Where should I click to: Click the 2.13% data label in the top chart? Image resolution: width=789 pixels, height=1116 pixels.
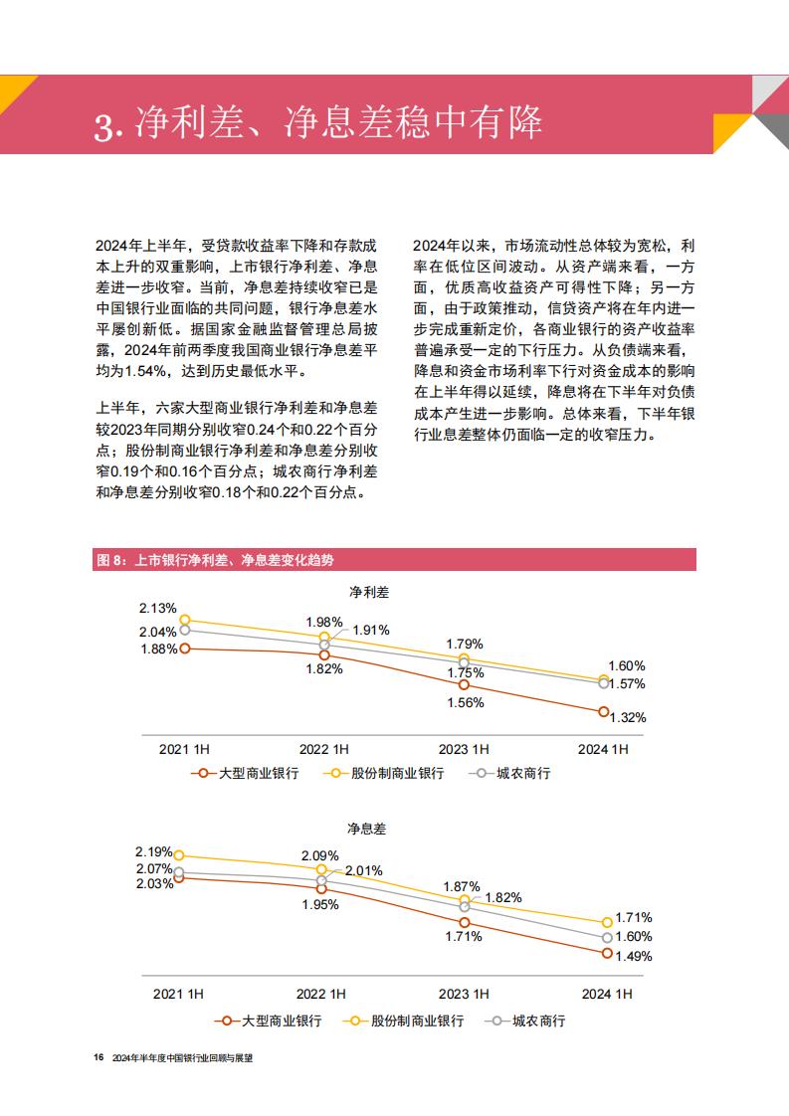[x=157, y=609]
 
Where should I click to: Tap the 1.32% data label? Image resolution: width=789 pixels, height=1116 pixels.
[x=628, y=717]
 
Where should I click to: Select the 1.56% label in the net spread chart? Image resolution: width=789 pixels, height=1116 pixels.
[x=465, y=702]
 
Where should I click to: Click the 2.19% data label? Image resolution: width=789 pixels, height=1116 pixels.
[x=154, y=852]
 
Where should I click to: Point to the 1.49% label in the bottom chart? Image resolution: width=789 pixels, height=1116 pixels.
[x=634, y=956]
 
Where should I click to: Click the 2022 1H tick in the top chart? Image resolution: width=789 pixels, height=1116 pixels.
[x=324, y=749]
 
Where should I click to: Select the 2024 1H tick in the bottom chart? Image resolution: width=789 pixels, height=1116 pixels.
[x=607, y=994]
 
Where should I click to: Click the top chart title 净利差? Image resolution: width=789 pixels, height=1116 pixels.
[x=369, y=592]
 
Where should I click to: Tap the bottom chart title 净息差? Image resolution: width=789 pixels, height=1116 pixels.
[x=367, y=829]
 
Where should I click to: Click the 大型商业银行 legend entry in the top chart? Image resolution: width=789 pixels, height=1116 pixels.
[x=245, y=773]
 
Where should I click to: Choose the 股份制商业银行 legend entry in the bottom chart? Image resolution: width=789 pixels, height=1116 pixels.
[x=403, y=1021]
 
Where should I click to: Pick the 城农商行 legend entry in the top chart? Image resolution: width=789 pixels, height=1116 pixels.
[x=509, y=773]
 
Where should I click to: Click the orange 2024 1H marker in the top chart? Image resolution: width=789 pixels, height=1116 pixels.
[x=604, y=712]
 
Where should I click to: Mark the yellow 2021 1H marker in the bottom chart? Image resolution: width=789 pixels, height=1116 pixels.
[x=179, y=854]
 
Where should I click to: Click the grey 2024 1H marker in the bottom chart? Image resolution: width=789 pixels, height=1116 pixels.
[x=607, y=938]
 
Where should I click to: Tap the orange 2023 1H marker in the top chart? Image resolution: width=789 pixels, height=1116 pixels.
[x=464, y=684]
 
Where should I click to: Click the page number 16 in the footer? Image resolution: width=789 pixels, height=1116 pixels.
[x=99, y=1057]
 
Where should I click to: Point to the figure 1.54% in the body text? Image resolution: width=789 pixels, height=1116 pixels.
[x=146, y=371]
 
